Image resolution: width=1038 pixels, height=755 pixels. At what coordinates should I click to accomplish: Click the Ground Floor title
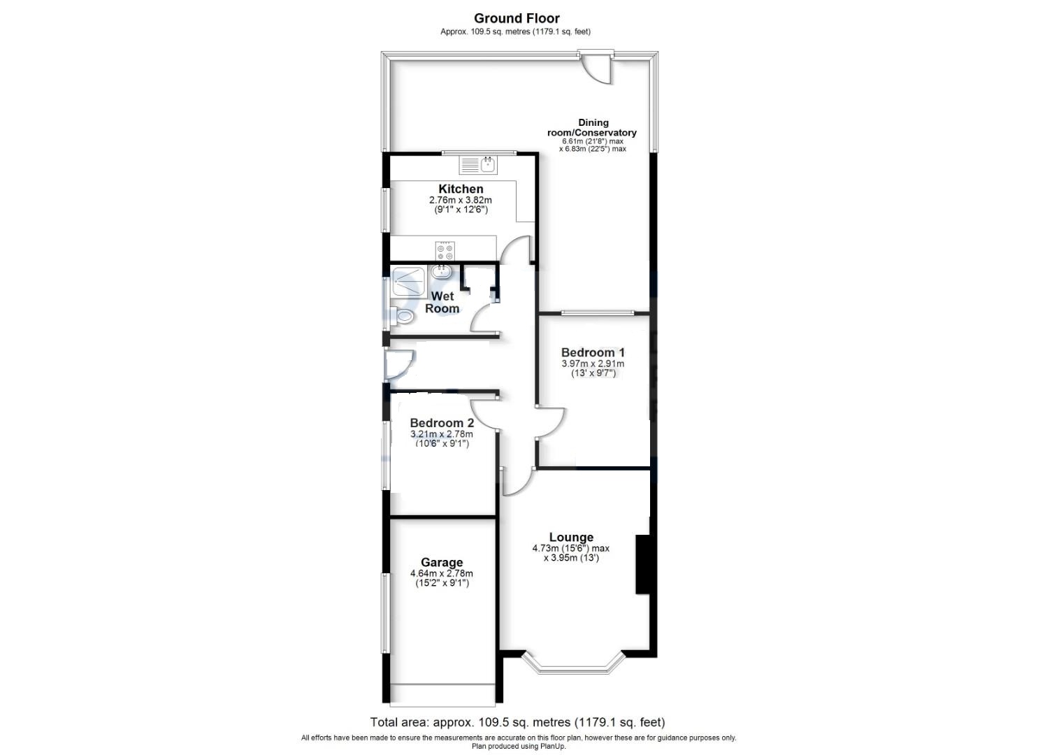(517, 19)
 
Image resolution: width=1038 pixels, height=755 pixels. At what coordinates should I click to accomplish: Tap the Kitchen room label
(461, 189)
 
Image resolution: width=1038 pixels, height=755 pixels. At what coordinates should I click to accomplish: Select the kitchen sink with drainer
(478, 165)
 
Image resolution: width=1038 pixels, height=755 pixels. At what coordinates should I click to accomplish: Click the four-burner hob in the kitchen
(445, 251)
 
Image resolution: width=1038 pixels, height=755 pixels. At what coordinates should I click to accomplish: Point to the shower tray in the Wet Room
(408, 282)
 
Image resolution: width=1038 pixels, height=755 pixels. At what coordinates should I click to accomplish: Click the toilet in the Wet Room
(401, 317)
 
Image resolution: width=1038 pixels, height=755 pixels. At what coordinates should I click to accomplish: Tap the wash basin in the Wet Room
(440, 271)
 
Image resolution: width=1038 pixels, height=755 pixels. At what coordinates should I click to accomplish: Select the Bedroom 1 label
(593, 353)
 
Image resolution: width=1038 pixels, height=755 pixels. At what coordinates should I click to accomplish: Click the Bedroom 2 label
(442, 423)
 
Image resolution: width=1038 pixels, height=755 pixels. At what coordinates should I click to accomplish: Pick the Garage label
(442, 563)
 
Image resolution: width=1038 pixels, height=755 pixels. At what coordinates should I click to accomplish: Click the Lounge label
(571, 537)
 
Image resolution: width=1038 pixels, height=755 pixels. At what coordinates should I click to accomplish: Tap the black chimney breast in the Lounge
(643, 565)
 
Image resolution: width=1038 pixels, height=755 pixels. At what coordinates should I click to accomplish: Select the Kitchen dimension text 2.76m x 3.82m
(460, 201)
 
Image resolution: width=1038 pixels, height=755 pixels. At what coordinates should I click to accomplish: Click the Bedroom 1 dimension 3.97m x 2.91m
(593, 364)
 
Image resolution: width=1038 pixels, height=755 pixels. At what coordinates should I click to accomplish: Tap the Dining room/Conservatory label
(592, 128)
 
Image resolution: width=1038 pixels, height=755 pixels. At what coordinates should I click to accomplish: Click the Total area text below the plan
(517, 723)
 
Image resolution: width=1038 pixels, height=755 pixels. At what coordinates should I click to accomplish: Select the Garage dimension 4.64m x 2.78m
(442, 574)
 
